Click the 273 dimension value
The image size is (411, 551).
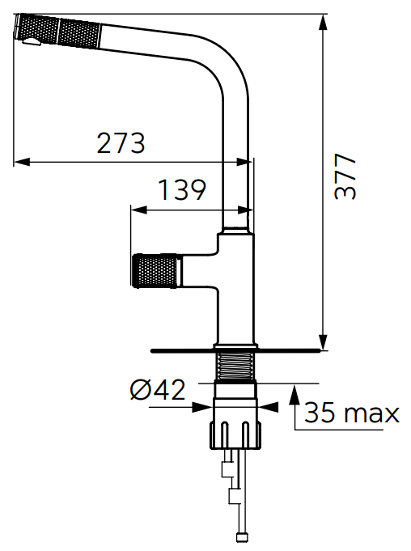pyautogui.click(x=121, y=142)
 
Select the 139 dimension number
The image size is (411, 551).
pyautogui.click(x=182, y=190)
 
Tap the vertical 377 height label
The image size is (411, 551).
pyautogui.click(x=345, y=176)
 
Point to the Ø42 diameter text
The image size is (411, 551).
pyautogui.click(x=158, y=390)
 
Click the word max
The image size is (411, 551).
pyautogui.click(x=372, y=413)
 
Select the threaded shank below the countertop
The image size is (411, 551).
pyautogui.click(x=235, y=367)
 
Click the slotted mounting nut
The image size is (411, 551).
pyautogui.click(x=235, y=434)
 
